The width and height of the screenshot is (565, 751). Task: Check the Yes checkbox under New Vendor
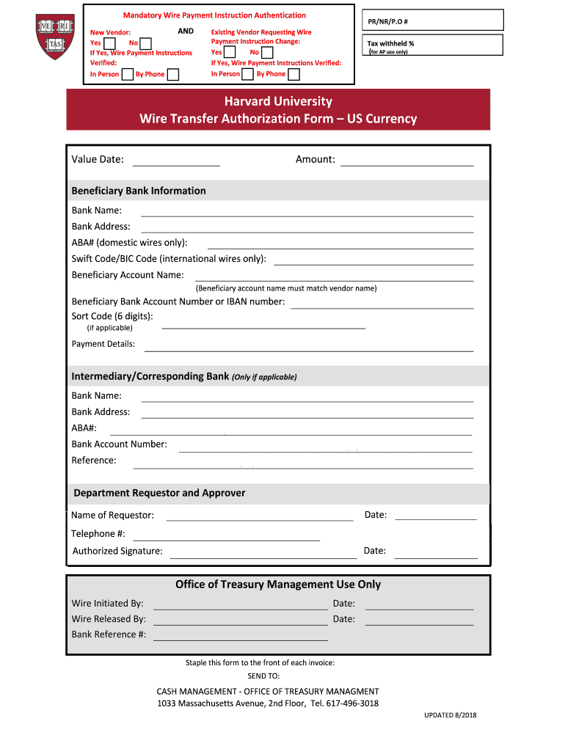[109, 44]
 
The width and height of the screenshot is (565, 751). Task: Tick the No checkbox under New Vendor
[145, 44]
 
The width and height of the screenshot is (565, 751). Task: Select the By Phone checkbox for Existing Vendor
[294, 74]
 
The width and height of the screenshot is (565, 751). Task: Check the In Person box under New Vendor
[128, 74]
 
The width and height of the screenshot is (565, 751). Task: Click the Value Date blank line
[176, 161]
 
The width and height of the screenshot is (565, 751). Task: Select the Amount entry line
[407, 161]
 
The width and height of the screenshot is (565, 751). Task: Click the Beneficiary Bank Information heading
[139, 191]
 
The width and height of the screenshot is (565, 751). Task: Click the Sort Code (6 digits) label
[112, 316]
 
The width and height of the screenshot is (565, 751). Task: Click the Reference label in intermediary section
[94, 461]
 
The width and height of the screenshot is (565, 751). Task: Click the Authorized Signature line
[263, 553]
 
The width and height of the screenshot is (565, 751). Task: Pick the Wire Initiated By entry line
[240, 605]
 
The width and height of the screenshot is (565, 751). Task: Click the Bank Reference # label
[109, 634]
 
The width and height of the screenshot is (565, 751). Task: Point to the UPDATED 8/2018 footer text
[450, 715]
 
